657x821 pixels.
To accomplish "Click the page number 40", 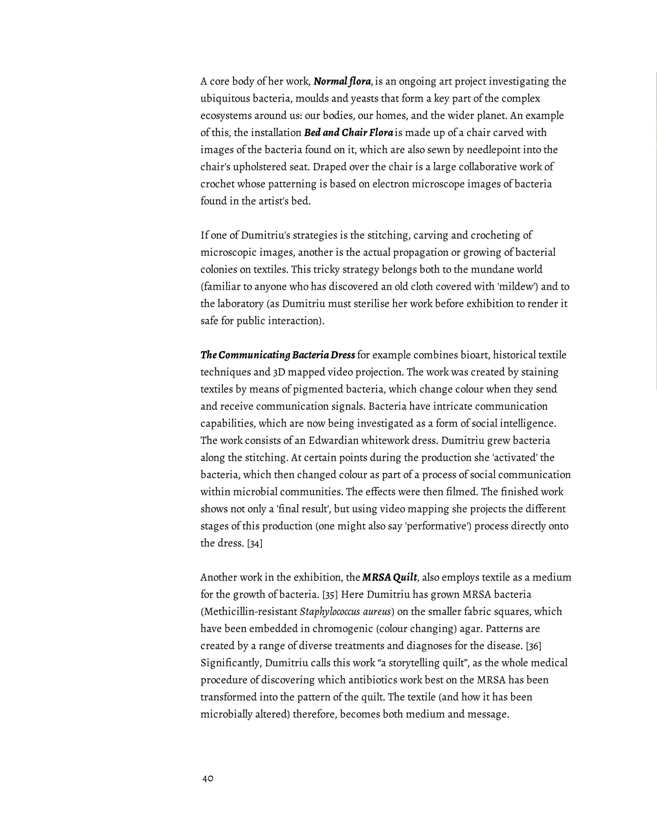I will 208,779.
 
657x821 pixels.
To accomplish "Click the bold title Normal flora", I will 342,81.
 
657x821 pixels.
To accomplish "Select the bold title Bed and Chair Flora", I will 348,133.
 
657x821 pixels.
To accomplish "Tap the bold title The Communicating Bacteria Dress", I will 278,355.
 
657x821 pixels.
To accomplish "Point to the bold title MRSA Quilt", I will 389,578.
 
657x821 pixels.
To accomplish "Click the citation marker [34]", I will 255,543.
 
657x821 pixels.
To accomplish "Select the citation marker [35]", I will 330,595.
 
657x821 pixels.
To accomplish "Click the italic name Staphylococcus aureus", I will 346,612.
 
